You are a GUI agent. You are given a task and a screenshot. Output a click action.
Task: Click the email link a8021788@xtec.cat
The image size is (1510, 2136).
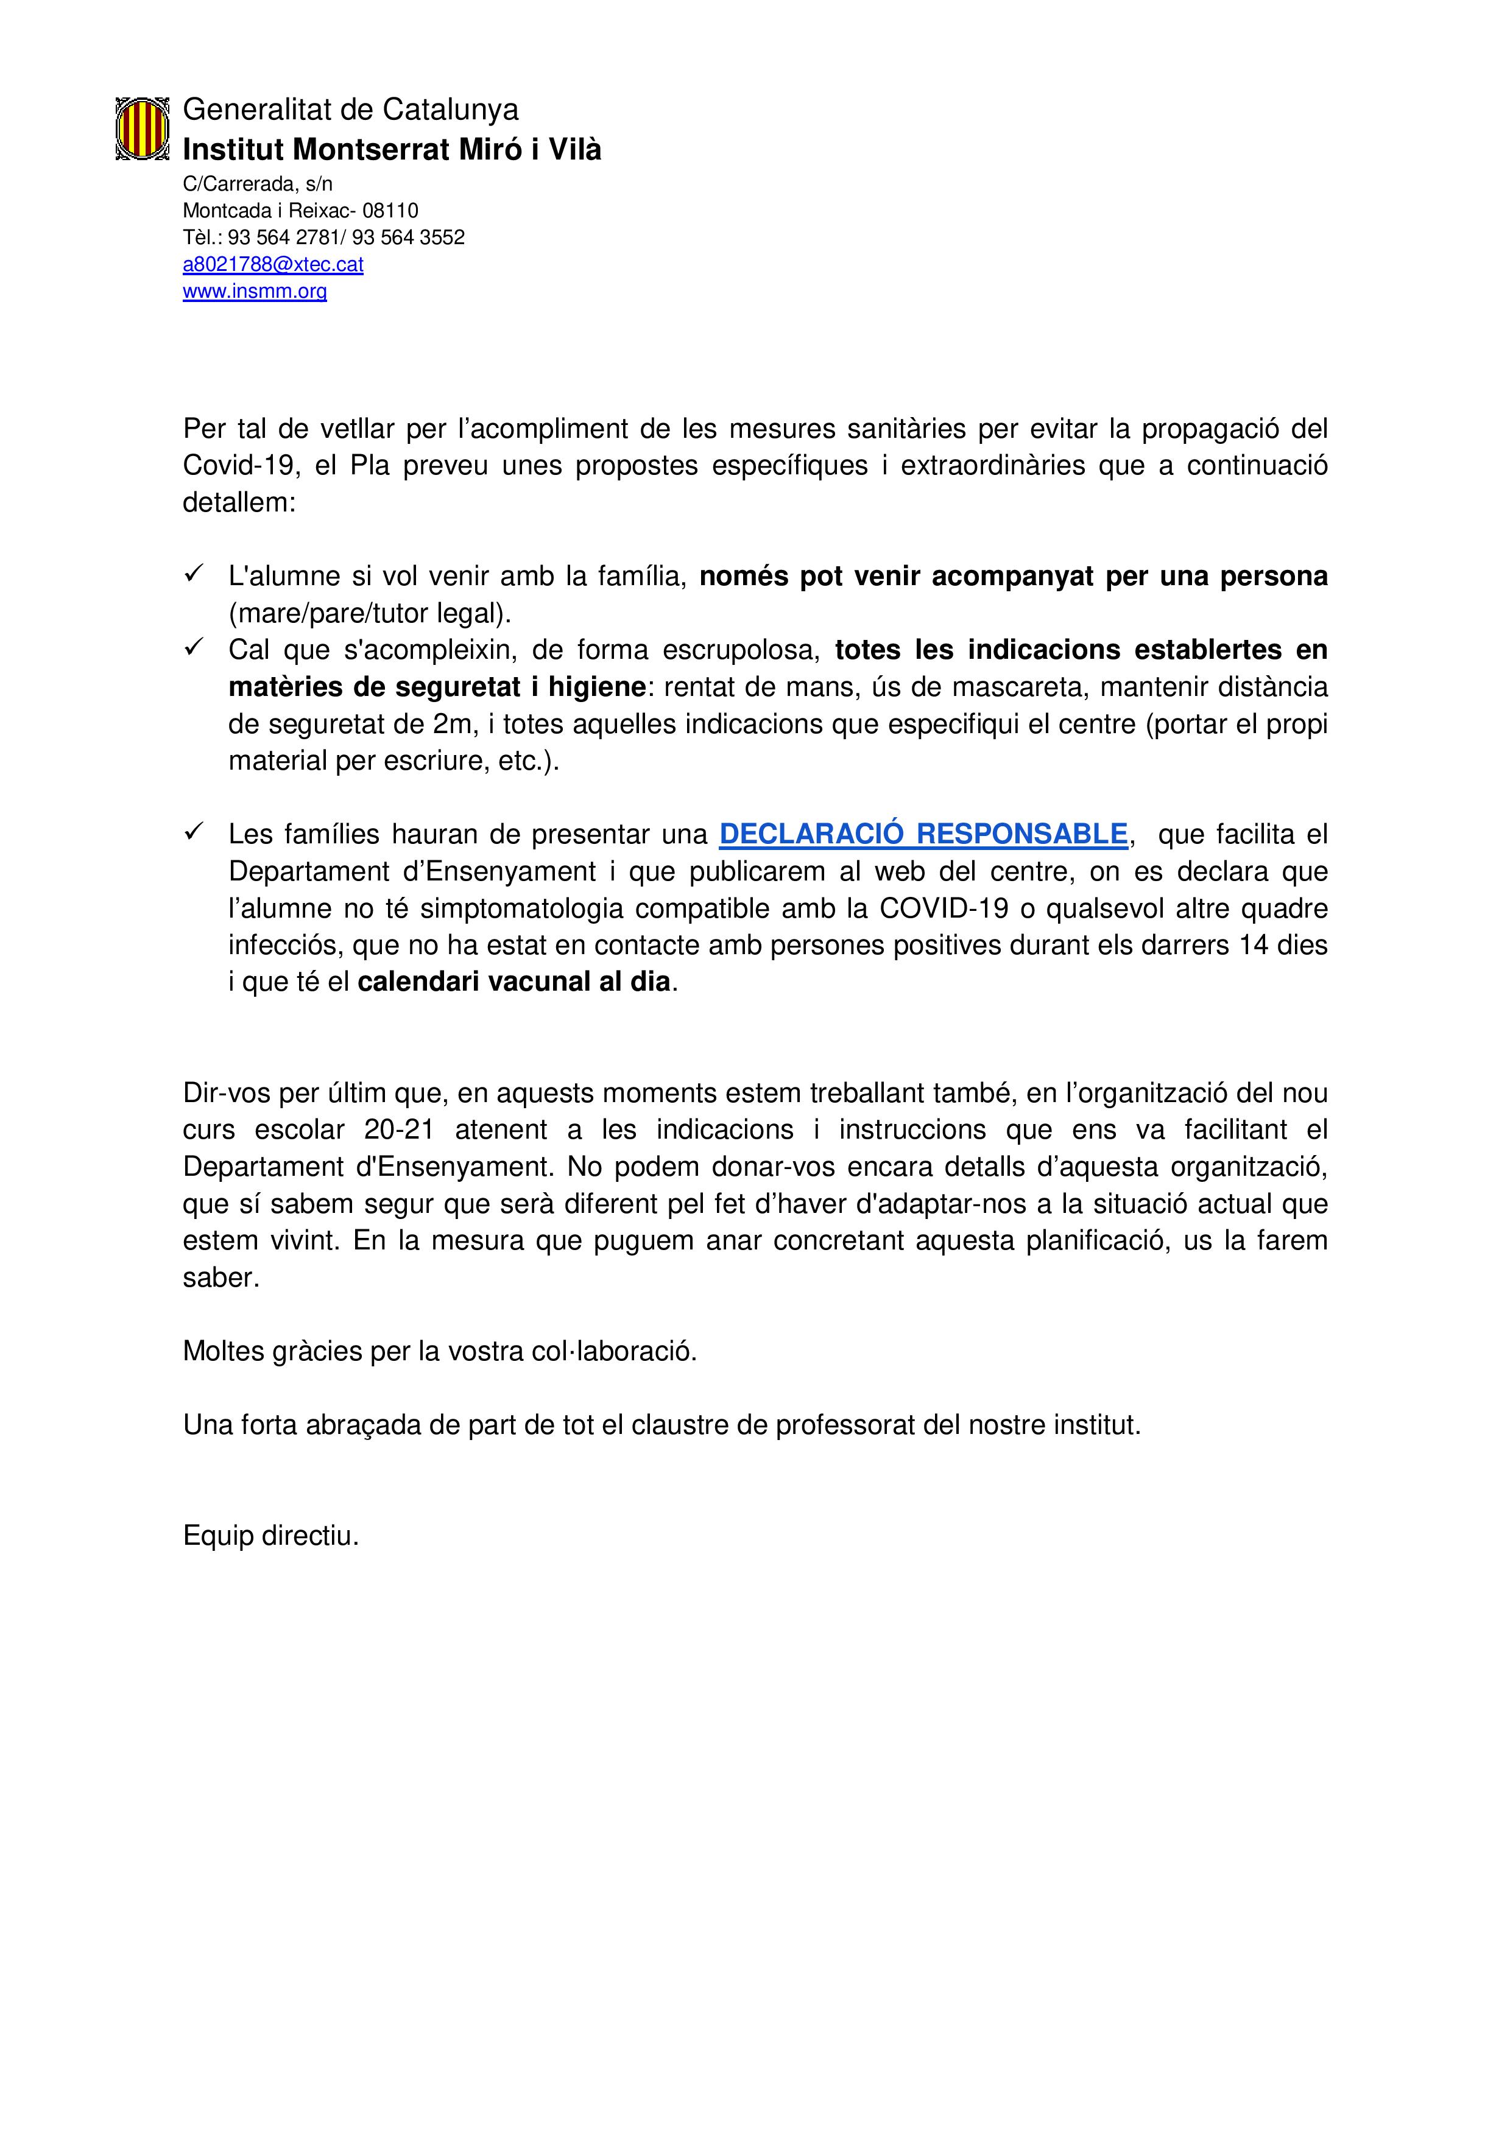273,264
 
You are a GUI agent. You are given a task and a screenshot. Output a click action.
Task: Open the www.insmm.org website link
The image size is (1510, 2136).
254,291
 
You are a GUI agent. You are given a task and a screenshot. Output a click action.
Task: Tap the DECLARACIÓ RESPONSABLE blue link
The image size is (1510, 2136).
923,834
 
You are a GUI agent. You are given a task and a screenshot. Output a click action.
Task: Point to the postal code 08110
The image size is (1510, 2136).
391,210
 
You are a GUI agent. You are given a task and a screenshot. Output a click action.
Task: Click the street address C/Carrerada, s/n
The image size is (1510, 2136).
258,183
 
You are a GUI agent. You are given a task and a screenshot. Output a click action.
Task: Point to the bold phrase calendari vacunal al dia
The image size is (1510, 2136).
513,982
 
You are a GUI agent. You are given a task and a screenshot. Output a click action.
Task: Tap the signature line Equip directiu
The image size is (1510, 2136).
270,1536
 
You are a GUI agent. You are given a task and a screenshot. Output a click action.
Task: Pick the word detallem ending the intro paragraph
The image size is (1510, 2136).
238,502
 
